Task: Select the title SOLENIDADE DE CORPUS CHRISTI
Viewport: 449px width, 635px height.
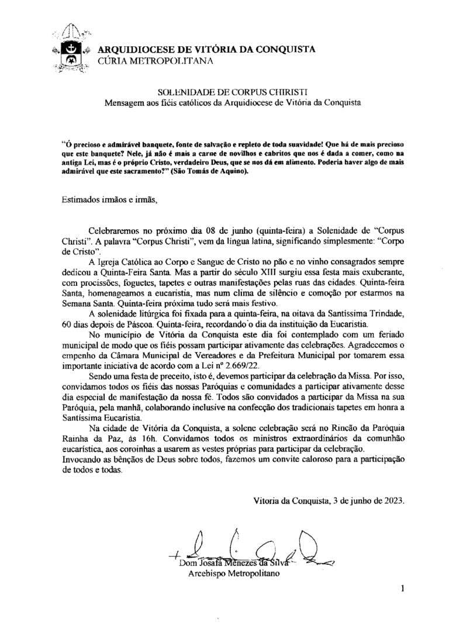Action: click(233, 92)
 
